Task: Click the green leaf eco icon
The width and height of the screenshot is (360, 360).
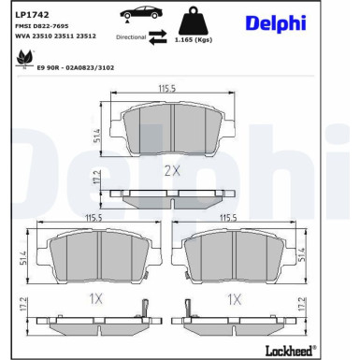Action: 22,58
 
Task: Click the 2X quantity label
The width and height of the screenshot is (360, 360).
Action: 171,169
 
